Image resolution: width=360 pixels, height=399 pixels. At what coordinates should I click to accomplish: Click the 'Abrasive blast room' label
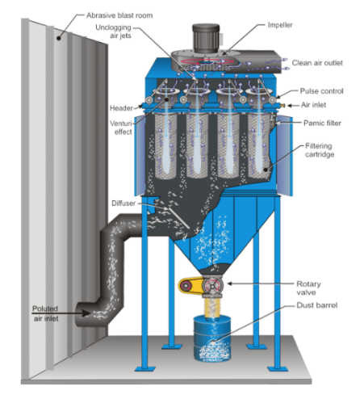119,15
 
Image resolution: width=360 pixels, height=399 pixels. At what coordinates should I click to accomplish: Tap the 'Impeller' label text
280,25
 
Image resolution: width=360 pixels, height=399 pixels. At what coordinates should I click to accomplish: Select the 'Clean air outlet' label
317,63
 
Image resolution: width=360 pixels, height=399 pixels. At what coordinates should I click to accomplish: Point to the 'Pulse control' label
321,91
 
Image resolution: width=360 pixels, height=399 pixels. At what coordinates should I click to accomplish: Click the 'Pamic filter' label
322,123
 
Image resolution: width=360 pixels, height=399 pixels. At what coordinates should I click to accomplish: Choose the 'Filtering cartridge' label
320,150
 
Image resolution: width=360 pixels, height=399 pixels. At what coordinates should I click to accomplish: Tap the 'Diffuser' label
123,203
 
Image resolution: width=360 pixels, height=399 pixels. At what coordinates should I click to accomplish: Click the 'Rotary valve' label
308,288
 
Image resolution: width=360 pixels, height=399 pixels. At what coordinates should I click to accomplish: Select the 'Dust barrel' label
316,305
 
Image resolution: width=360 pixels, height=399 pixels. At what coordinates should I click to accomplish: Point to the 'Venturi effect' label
121,128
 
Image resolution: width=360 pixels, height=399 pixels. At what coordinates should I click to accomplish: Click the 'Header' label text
121,108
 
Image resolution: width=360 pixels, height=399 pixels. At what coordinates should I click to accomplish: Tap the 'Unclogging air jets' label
113,31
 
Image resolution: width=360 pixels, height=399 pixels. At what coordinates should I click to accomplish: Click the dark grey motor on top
206,38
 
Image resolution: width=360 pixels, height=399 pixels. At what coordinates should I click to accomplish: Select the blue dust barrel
212,338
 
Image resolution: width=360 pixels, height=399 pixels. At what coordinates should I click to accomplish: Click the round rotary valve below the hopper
212,285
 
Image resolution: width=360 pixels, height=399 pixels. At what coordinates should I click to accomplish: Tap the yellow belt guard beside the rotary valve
191,285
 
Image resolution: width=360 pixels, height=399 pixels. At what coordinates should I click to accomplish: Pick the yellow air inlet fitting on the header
283,105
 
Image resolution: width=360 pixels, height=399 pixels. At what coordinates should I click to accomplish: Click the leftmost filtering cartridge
165,146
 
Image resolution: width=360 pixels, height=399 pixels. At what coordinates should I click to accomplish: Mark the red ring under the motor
207,61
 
